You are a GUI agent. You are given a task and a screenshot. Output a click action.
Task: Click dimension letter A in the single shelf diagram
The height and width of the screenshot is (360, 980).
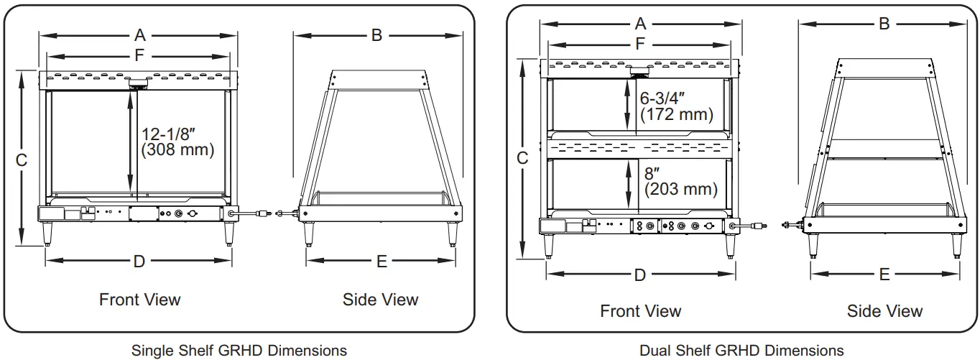click(x=139, y=34)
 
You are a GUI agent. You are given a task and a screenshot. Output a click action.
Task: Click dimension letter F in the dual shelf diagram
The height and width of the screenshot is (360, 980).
click(x=639, y=44)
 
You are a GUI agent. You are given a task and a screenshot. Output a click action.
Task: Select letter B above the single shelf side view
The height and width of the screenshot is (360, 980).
click(x=376, y=34)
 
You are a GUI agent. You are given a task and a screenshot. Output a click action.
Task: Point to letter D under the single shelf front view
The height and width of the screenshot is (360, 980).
click(x=139, y=262)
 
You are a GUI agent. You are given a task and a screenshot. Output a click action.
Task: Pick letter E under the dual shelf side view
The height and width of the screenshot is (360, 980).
click(x=884, y=274)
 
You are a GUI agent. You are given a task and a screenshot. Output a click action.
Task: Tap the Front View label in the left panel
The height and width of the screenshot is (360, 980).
click(x=139, y=299)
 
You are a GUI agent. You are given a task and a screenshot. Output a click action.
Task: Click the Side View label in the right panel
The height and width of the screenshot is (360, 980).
click(x=884, y=311)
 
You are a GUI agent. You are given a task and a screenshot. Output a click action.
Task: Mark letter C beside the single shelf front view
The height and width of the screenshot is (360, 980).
click(x=22, y=160)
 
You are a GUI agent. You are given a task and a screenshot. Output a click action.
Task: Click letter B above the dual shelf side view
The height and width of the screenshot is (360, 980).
click(x=884, y=24)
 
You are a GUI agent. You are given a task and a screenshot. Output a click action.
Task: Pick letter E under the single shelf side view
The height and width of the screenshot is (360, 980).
click(x=382, y=262)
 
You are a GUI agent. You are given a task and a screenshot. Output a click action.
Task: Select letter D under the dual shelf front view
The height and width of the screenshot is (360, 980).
click(x=639, y=274)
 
